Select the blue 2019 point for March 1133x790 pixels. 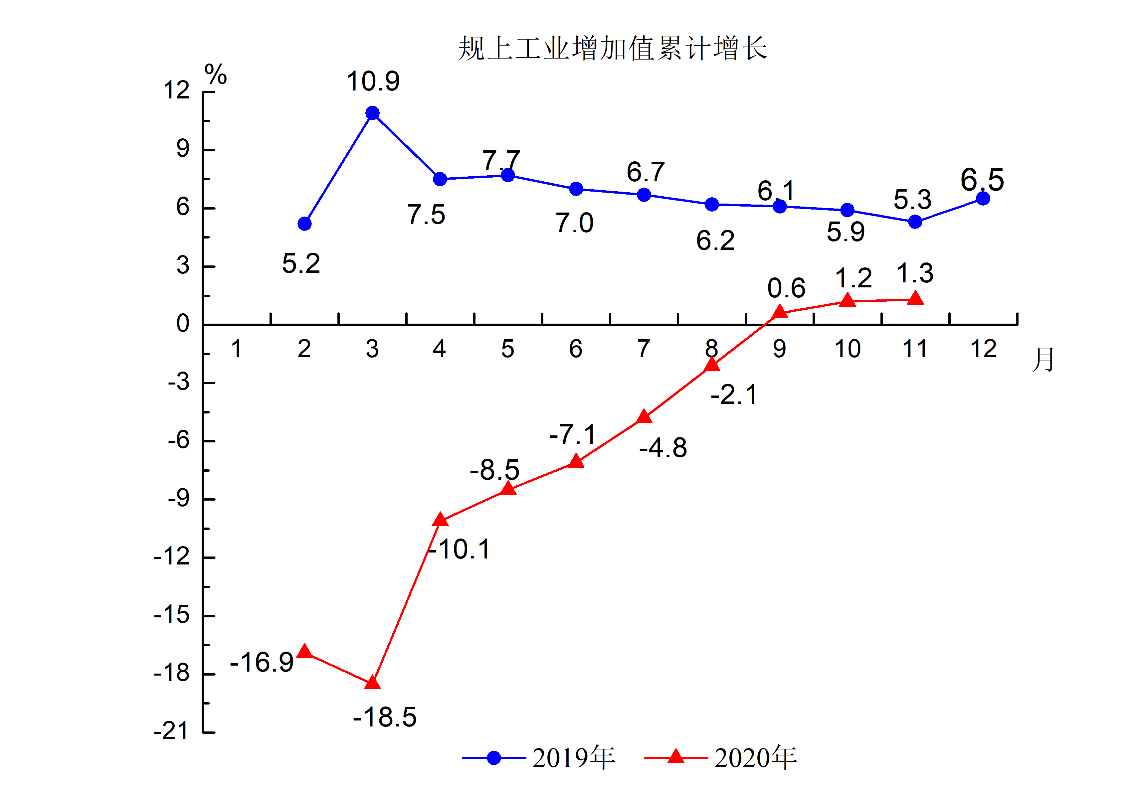coord(373,113)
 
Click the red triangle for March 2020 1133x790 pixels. coord(373,683)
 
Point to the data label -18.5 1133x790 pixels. coord(385,717)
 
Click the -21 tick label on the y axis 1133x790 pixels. coord(172,731)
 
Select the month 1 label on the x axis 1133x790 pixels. coord(236,349)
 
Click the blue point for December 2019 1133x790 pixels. coord(983,198)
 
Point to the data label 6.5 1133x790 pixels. coord(982,180)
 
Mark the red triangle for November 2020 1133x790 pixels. coord(915,298)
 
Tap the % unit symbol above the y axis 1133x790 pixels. coord(216,75)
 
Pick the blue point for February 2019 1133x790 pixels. coord(304,224)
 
